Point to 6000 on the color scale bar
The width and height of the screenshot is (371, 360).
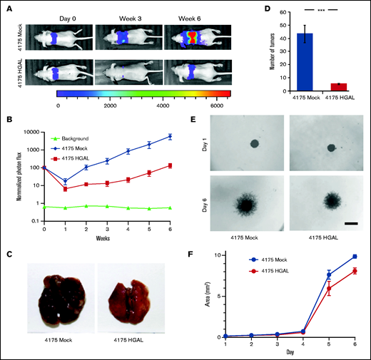point(220,104)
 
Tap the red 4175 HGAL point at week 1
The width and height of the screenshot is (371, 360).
point(65,189)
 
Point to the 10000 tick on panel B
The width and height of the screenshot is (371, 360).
point(36,130)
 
